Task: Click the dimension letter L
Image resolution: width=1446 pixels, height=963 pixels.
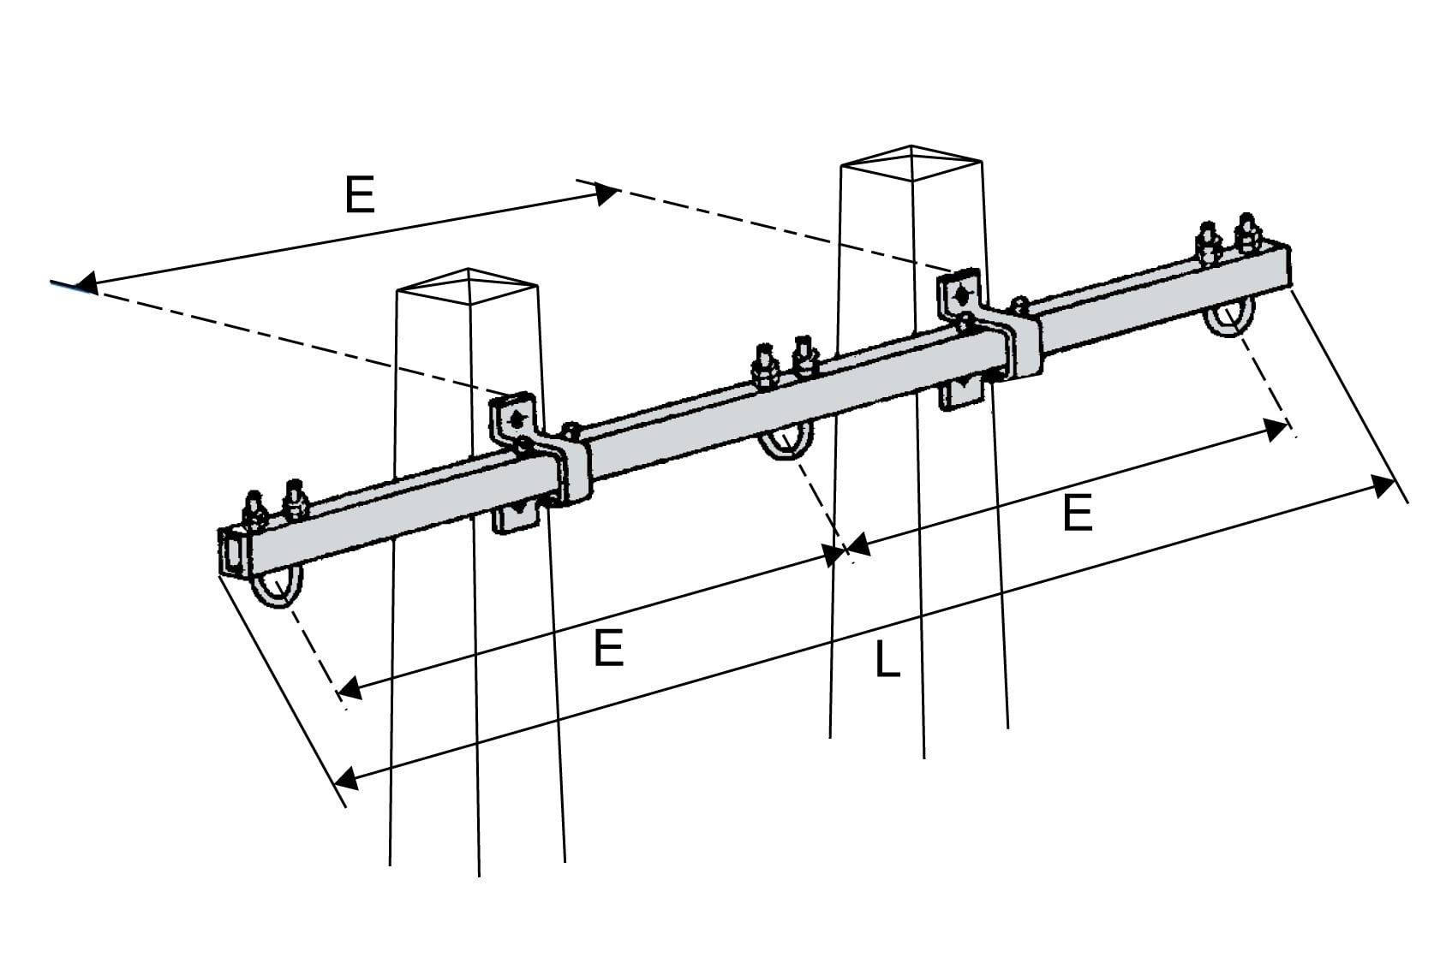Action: click(887, 660)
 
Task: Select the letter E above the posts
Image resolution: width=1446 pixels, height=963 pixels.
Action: click(360, 195)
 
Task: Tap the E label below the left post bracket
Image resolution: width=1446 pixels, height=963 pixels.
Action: click(608, 649)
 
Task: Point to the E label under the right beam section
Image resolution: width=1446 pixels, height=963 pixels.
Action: click(1078, 514)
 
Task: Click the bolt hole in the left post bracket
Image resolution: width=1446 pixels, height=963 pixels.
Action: click(516, 419)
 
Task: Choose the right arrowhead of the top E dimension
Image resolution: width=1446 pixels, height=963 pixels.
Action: click(606, 193)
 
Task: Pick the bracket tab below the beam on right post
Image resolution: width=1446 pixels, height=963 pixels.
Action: click(962, 393)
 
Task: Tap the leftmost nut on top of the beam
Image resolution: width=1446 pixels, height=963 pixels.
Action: click(254, 512)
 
